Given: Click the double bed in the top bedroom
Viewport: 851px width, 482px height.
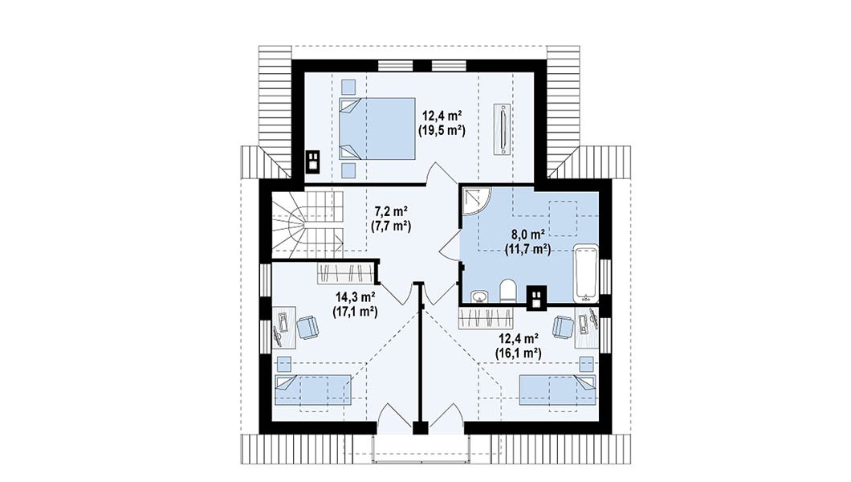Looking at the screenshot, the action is click(x=377, y=129).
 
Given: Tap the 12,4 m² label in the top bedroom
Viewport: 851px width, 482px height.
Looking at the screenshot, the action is click(x=442, y=116).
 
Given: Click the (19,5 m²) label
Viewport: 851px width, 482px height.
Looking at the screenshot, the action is click(x=442, y=130).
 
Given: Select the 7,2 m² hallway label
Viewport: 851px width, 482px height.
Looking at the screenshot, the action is click(x=391, y=210).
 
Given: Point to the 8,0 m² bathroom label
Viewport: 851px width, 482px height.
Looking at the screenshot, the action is click(x=528, y=235).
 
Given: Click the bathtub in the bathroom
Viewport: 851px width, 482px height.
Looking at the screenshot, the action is click(x=585, y=274).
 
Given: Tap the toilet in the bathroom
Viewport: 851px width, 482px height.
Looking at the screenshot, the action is click(x=508, y=291).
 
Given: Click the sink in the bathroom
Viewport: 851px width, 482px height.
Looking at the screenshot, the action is click(x=479, y=296).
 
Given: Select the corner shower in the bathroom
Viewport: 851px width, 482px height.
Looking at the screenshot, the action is click(x=476, y=200).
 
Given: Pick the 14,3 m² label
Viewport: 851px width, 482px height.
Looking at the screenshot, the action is click(x=356, y=297).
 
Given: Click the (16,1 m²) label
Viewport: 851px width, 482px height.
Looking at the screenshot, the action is click(x=518, y=353).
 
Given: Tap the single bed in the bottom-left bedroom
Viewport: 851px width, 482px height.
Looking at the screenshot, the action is click(x=312, y=390).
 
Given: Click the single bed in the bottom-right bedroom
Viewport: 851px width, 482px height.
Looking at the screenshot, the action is click(x=557, y=390).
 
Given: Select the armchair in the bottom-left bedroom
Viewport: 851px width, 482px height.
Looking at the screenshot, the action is click(x=307, y=327).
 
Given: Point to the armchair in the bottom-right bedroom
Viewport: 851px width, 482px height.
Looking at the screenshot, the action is click(x=564, y=327).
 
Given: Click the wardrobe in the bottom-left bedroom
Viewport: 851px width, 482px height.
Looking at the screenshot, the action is click(x=346, y=274).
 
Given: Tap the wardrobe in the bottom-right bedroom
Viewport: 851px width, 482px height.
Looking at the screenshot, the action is click(x=487, y=318).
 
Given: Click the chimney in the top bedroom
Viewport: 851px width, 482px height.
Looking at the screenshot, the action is click(x=312, y=161).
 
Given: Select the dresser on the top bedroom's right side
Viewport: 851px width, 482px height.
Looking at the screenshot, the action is click(x=503, y=128).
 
